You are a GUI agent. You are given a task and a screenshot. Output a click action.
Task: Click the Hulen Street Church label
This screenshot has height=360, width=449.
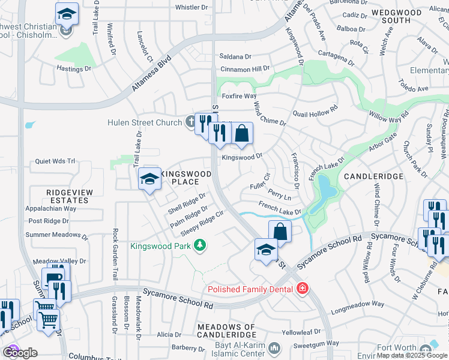coord(144,122)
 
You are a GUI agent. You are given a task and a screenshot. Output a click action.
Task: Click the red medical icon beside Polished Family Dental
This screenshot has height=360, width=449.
coord(302,289)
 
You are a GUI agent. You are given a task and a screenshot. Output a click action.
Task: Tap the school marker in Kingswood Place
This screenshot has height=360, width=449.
coord(149,179)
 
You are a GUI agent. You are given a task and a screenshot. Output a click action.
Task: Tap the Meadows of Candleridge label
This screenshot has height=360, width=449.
coord(226,331)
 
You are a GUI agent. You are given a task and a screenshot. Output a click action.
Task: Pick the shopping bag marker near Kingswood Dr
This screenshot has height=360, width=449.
coord(241,135)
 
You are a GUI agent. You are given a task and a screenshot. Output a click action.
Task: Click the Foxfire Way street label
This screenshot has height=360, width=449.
coord(239,96)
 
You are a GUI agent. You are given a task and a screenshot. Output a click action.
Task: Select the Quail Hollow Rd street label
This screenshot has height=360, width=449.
coord(315,113)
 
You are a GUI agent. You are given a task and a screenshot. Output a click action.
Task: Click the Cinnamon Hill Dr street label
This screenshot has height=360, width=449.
coord(246,69)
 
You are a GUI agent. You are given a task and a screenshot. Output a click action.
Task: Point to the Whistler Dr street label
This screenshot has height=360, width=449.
coord(191,7)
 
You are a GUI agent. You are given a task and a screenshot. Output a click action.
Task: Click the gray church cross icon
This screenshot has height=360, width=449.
coord(190,122)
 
